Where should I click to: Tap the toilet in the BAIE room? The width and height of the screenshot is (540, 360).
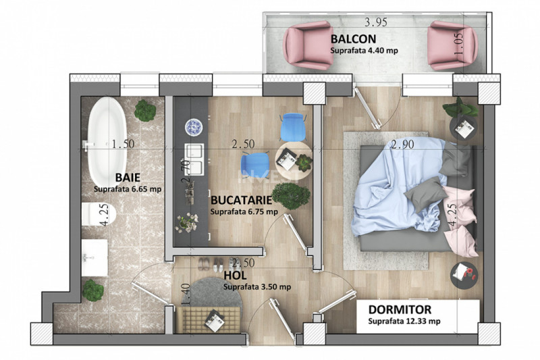pos(99,215)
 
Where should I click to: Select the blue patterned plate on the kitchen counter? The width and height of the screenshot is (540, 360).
pos(194,126)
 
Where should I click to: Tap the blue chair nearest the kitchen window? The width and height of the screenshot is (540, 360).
pos(293,127)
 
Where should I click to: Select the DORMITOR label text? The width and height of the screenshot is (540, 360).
pos(400,309)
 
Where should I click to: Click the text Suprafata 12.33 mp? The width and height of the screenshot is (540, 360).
pos(404,322)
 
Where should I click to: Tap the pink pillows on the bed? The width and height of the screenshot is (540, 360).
pos(460,217)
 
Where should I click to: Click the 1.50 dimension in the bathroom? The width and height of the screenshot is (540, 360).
pos(124,144)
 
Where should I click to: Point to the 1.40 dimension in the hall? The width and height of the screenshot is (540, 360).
pos(185,294)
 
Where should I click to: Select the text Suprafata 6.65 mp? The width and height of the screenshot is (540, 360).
pos(128,189)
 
